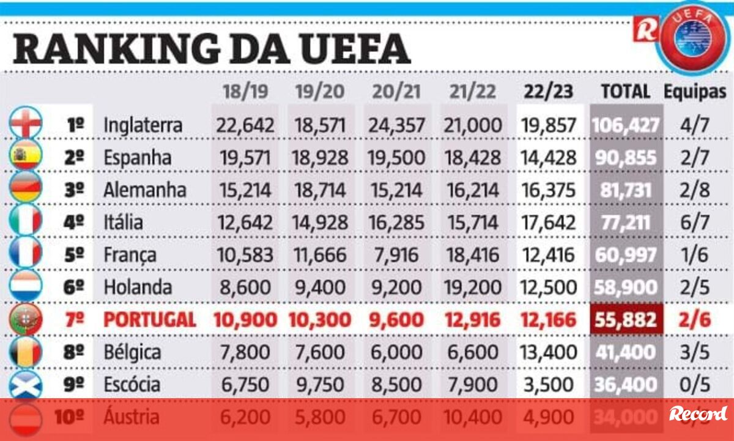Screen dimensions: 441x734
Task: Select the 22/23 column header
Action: [548, 92]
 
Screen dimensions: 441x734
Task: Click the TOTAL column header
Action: [625, 92]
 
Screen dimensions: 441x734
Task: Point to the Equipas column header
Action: [695, 92]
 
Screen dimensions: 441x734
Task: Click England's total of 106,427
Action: [625, 125]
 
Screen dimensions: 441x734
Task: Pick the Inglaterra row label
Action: [143, 125]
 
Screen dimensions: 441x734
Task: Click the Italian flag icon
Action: [26, 221]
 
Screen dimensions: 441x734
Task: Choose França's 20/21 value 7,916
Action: [396, 254]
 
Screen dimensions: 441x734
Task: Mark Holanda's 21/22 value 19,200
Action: [472, 287]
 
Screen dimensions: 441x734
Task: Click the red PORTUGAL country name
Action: [150, 319]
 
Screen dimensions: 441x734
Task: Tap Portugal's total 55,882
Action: [625, 319]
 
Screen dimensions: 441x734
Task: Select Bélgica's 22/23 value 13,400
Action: [548, 352]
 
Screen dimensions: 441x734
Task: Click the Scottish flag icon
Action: [26, 384]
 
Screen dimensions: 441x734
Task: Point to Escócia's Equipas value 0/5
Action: [695, 384]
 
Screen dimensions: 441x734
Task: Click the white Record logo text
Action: [698, 414]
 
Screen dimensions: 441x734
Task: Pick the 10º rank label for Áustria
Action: [69, 417]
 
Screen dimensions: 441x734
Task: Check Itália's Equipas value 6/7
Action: [695, 222]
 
